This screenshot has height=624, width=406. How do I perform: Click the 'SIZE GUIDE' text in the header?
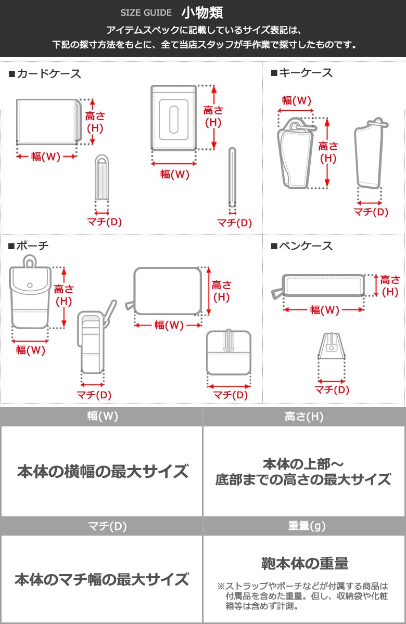pos(146,12)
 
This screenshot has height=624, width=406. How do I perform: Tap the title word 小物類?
pos(202,12)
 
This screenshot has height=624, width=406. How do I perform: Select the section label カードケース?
pos(45,74)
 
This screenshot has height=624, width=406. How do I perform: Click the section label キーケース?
pos(302,73)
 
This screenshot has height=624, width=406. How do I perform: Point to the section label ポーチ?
pos(29,245)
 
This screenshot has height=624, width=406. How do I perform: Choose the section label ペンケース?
pos(302,246)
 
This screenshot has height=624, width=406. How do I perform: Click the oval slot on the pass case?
pos(174,120)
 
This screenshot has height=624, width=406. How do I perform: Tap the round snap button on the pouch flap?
pos(30,285)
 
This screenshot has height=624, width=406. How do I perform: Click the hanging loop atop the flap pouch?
pos(30,261)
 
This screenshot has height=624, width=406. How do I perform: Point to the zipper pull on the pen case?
pos(278,293)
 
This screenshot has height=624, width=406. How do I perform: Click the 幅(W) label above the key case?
pos(296,100)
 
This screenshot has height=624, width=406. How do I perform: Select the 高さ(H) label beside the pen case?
pos(390,286)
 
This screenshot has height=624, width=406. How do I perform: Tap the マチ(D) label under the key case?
pos(371,212)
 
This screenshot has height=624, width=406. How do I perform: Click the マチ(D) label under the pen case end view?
pos(332,389)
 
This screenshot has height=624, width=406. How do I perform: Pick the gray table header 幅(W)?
pos(103,416)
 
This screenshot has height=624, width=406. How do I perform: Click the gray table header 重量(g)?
pos(307,526)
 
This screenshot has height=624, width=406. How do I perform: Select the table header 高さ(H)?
pos(304,417)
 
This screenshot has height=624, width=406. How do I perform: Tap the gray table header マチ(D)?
pos(107,526)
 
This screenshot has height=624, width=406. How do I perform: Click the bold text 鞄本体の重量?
pos(305,563)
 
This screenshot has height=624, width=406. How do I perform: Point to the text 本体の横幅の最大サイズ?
pos(103,471)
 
